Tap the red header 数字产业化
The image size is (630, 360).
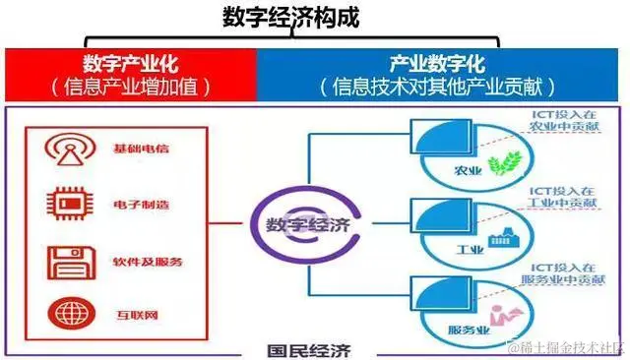coord(130,65)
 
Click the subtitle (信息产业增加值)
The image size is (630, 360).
coord(130,87)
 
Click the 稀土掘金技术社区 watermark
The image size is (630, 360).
coord(569,347)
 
